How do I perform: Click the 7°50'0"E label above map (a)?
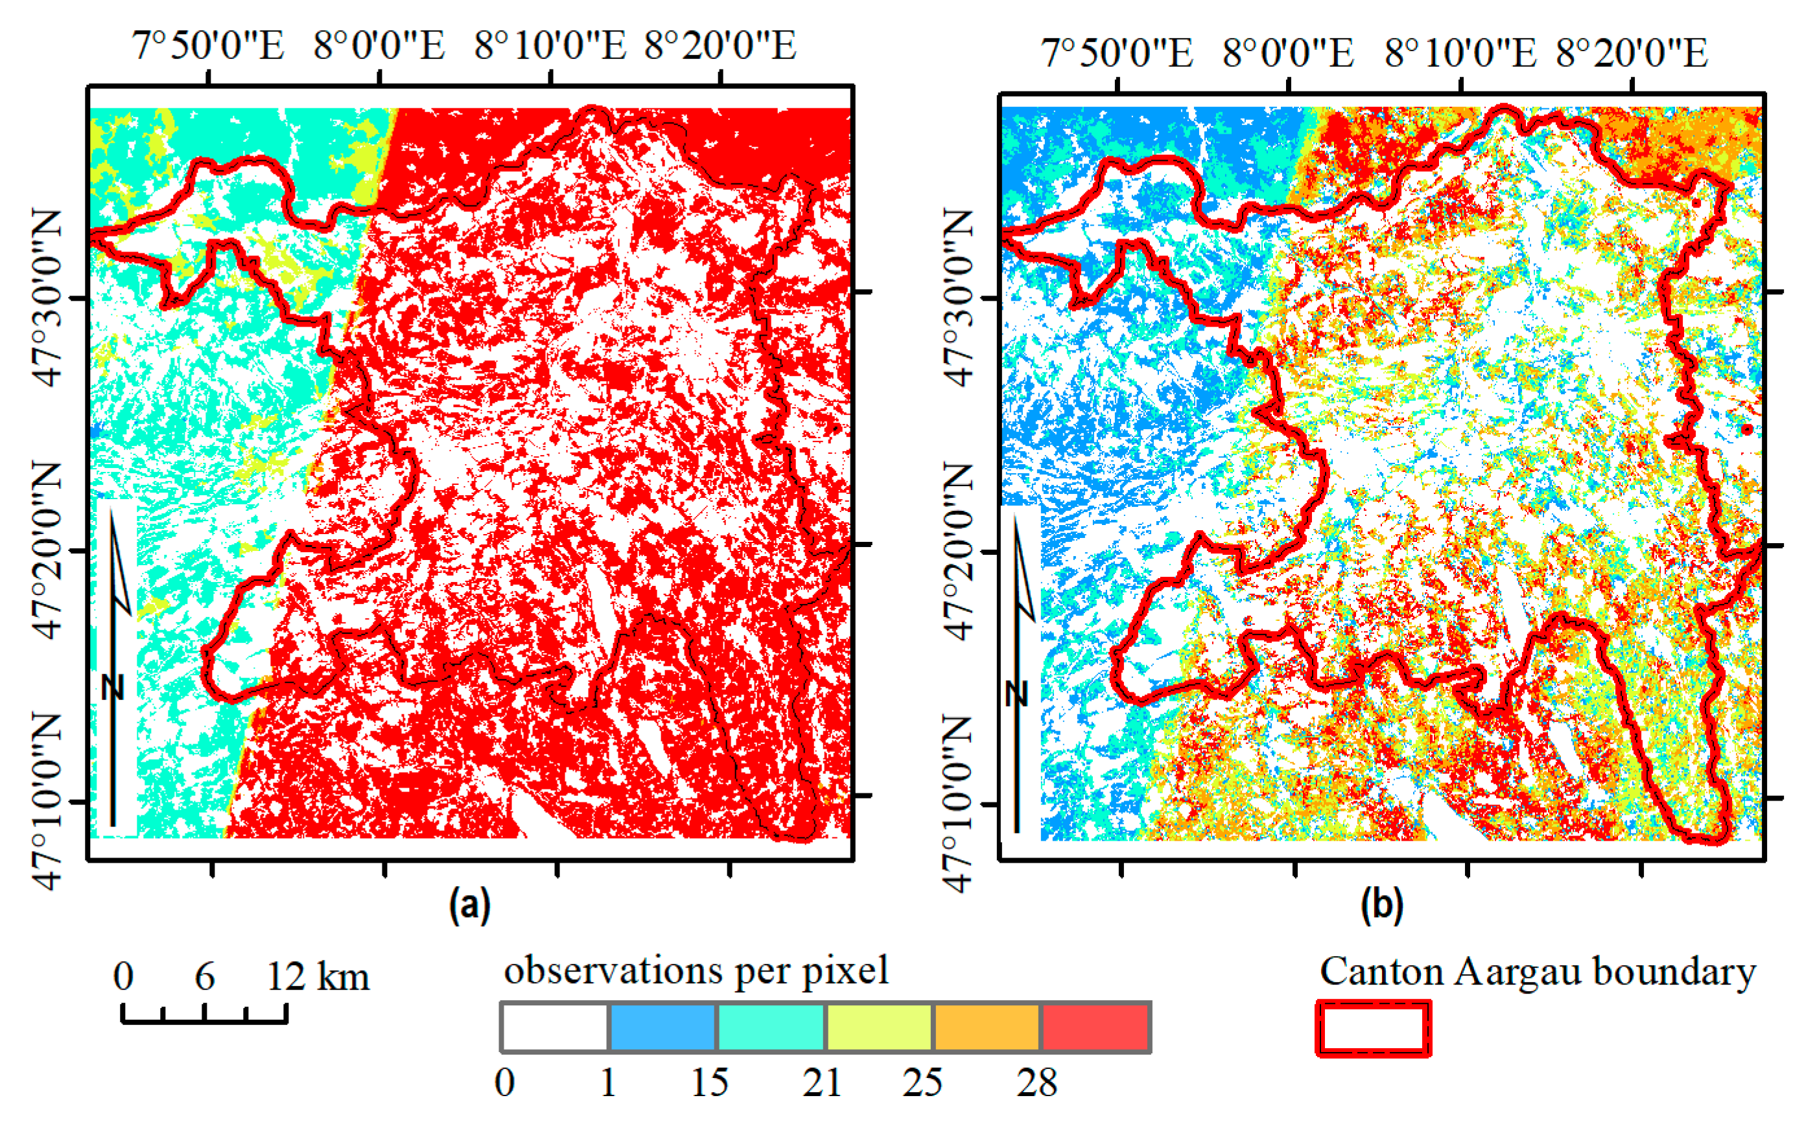click(209, 46)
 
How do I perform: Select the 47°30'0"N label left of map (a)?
click(47, 298)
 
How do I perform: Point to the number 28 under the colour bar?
click(1036, 1082)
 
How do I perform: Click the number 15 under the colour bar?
click(709, 1082)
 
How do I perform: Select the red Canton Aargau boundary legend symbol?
click(1374, 1029)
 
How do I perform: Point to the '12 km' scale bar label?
click(318, 977)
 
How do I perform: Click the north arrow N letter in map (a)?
click(113, 687)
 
